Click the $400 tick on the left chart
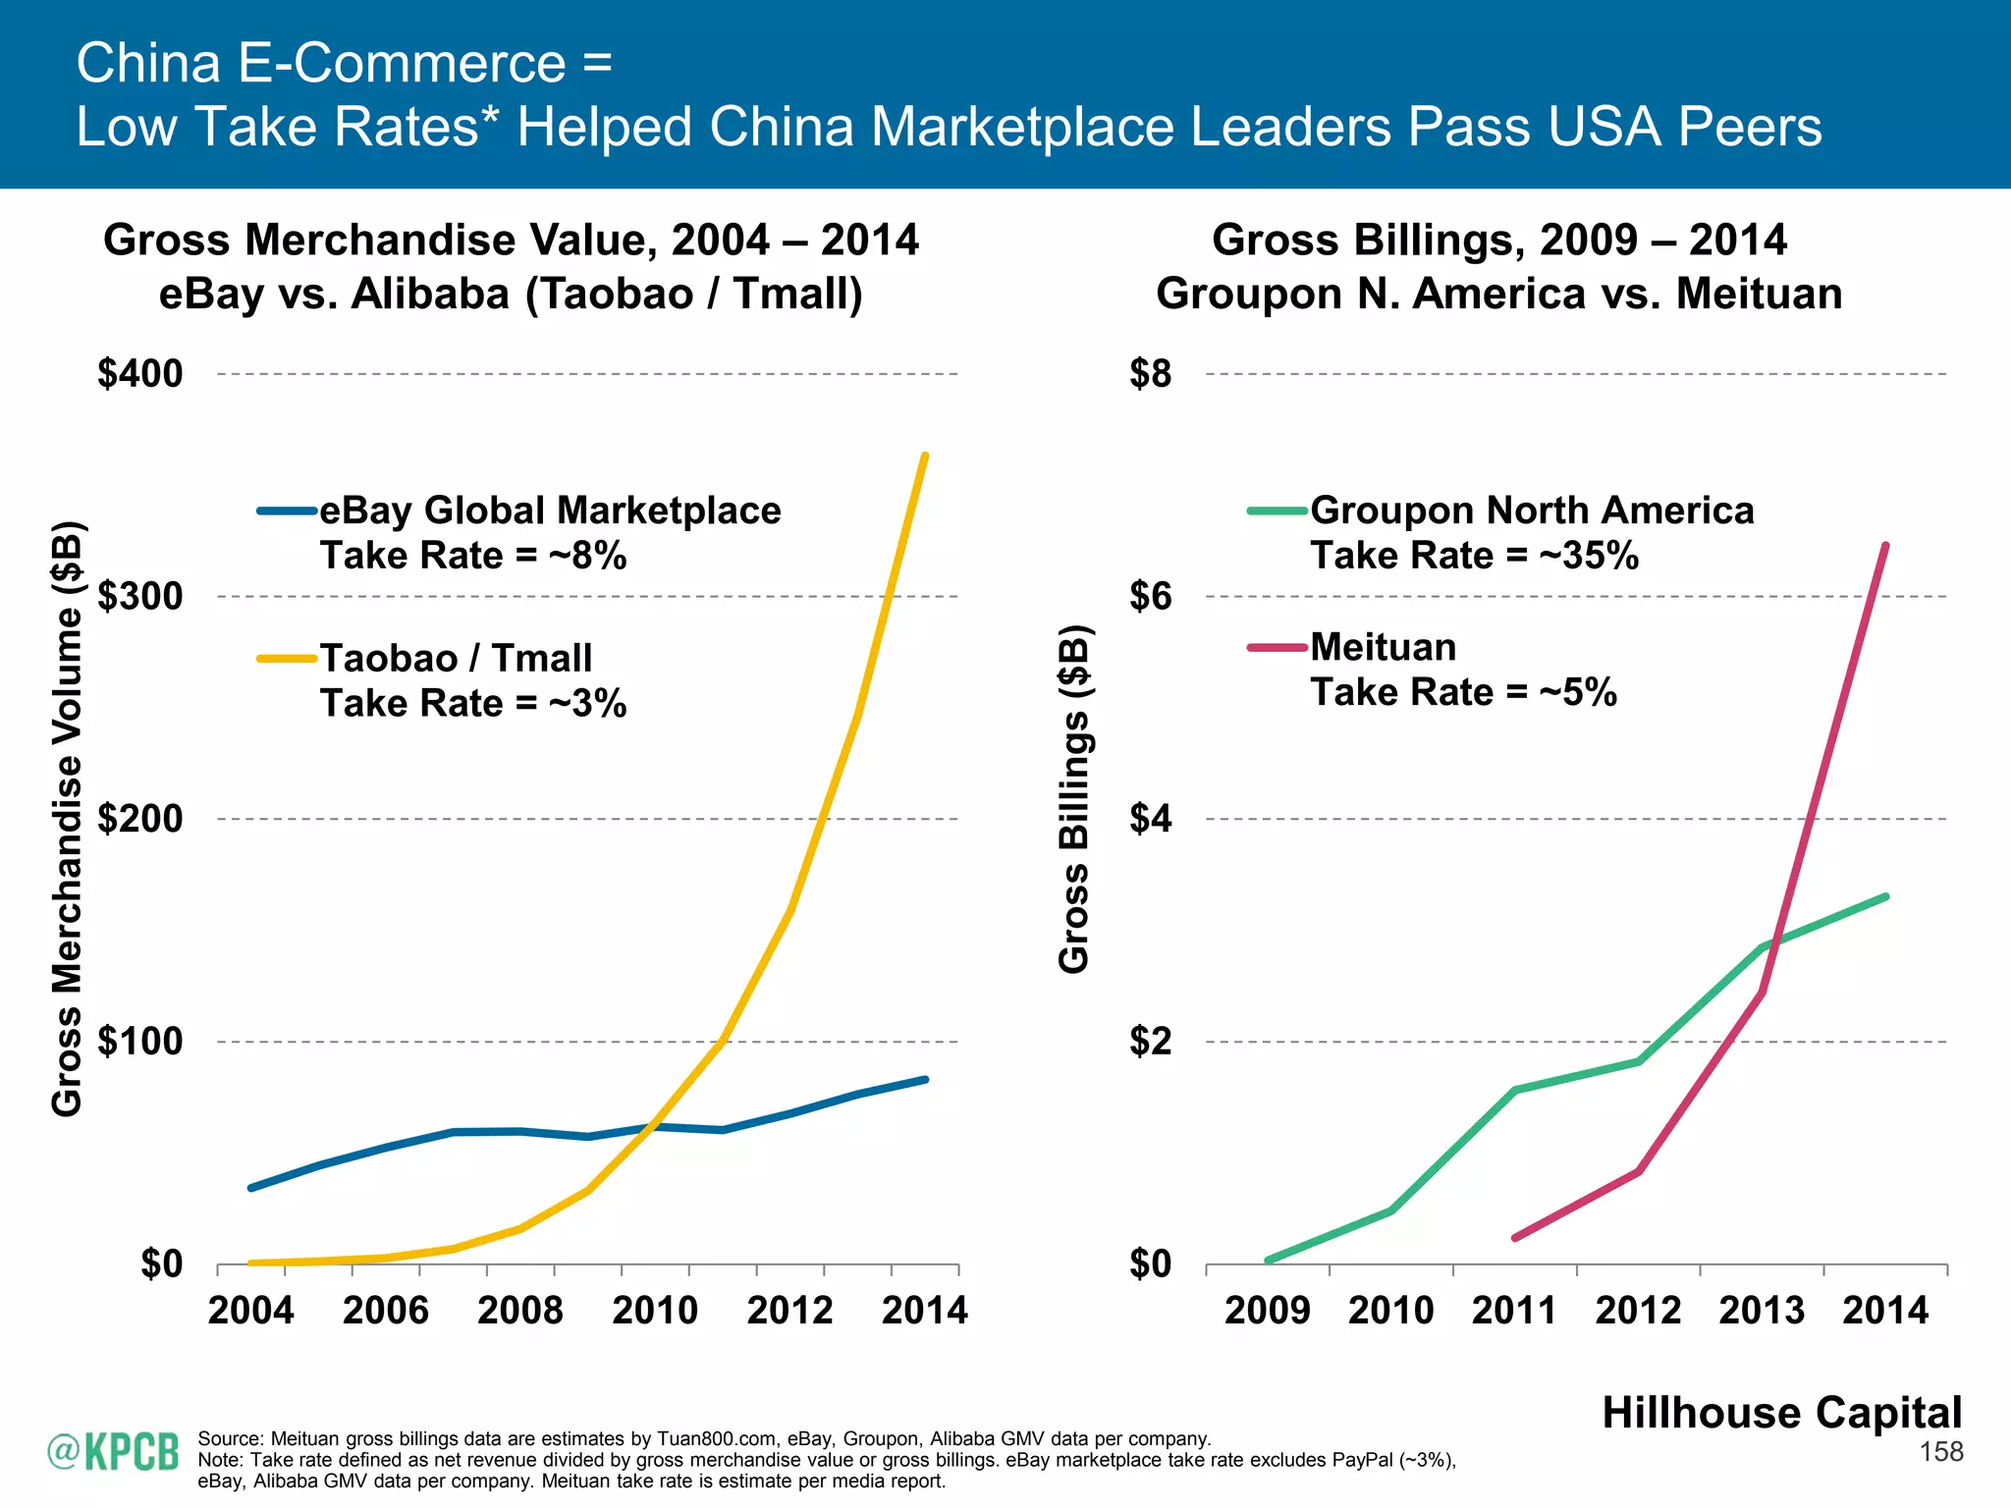coord(140,374)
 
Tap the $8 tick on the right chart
coord(1150,374)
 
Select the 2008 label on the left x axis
coord(519,1311)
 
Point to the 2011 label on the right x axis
coord(1514,1311)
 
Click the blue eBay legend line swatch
coord(287,512)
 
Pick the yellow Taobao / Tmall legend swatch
coord(287,659)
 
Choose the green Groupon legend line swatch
coord(1277,512)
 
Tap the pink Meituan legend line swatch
coord(1277,648)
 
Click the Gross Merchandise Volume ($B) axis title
coord(67,819)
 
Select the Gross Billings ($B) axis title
coord(1074,799)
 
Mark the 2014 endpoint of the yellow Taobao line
coord(925,456)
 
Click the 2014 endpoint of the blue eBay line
coord(925,1080)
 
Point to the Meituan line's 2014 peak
coord(1885,546)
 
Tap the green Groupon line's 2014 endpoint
coord(1885,896)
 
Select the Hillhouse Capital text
coord(1781,1413)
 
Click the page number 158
coord(1940,1452)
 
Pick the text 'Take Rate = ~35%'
coord(1474,556)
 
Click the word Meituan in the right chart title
coord(1759,294)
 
